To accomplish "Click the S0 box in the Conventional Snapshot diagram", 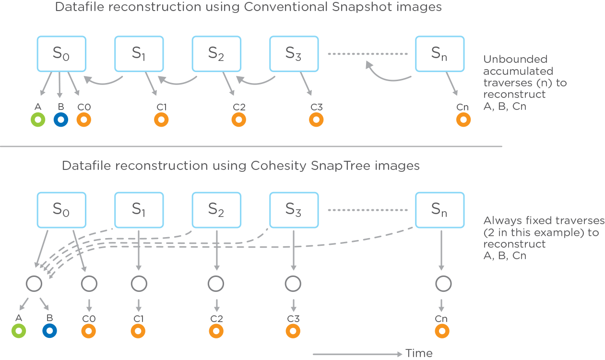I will click(61, 53).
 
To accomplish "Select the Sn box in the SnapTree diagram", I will click(439, 209).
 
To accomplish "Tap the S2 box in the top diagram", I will click(216, 53).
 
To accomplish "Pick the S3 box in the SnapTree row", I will click(294, 209).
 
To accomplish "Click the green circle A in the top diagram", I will click(38, 120).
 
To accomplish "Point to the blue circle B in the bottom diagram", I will click(49, 330).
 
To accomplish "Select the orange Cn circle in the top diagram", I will click(463, 120).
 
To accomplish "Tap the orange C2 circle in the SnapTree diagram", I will click(216, 330).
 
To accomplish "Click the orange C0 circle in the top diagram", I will click(84, 120).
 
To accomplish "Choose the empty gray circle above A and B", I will click(35, 284).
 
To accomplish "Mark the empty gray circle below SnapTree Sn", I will click(442, 284).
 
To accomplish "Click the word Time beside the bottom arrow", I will click(419, 354).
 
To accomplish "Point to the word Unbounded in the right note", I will click(509, 60).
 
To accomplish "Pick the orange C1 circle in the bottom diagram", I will click(139, 330).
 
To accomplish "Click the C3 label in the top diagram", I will click(316, 107).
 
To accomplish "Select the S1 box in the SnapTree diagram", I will click(139, 209).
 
